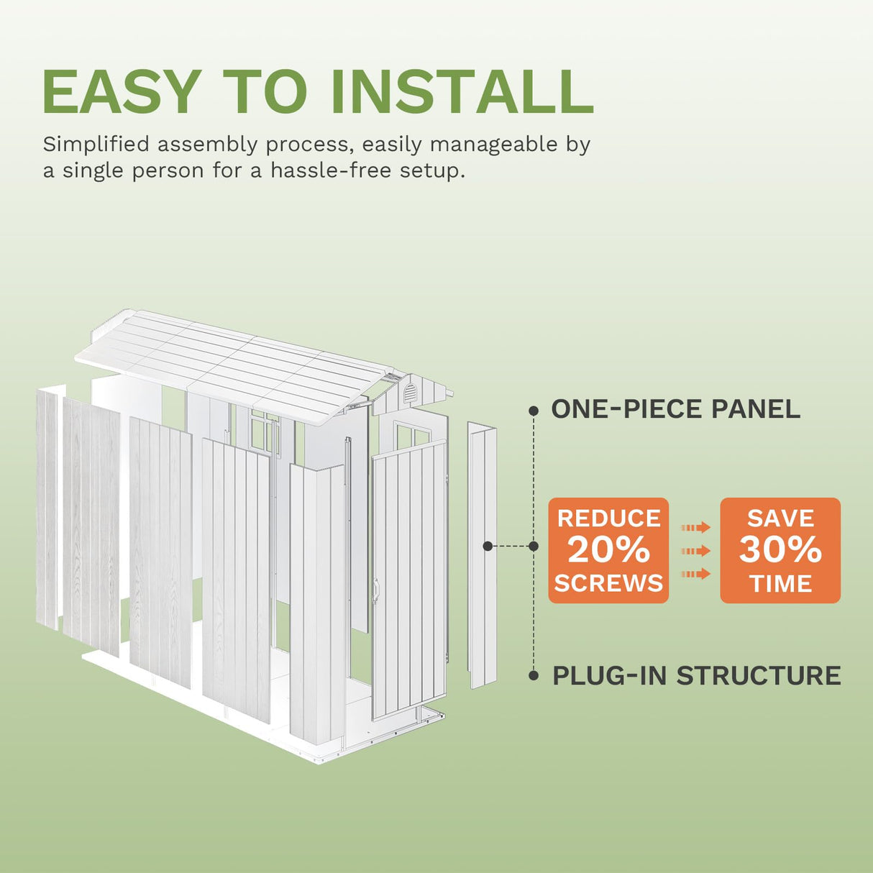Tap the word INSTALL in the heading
[462, 91]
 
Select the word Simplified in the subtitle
[96, 145]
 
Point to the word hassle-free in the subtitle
[332, 171]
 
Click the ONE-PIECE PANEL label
[675, 409]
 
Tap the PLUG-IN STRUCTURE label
[696, 675]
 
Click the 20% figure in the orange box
[608, 550]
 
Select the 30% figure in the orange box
[780, 550]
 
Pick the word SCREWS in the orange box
[608, 583]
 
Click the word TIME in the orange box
[780, 583]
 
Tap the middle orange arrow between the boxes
[695, 551]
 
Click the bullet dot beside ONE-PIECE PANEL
[534, 411]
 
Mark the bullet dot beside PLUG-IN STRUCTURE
[534, 676]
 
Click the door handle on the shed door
[375, 591]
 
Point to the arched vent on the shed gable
[409, 393]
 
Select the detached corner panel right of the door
[482, 555]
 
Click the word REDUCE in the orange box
[608, 518]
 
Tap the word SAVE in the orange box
[780, 518]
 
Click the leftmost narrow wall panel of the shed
[47, 510]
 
